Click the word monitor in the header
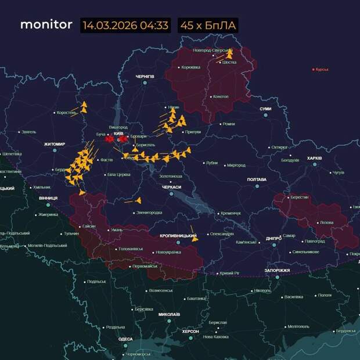46,25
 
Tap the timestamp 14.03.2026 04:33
125,26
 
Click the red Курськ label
322,69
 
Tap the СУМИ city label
265,109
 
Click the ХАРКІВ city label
314,158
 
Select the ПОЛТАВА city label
256,179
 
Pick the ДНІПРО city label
273,238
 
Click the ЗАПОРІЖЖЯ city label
277,270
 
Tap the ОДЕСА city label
125,339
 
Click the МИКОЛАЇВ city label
169,314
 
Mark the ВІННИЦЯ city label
48,198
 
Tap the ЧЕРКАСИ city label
171,187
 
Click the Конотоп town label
220,96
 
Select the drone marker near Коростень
83,107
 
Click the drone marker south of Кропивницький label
195,237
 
